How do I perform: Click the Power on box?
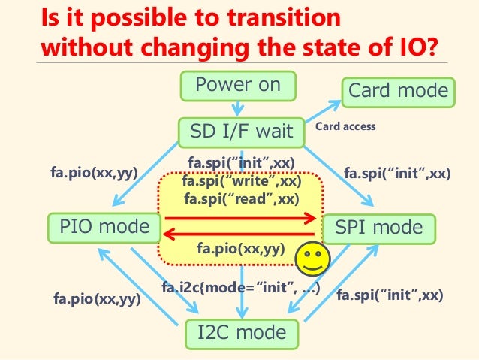tap(237, 85)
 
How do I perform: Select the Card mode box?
tap(397, 92)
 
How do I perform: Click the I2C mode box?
tap(240, 332)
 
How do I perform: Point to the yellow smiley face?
tap(312, 259)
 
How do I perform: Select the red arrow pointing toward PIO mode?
tap(240, 234)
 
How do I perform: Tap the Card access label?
tap(345, 127)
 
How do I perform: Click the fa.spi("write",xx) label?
tap(241, 181)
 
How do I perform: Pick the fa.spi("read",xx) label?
tap(241, 199)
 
